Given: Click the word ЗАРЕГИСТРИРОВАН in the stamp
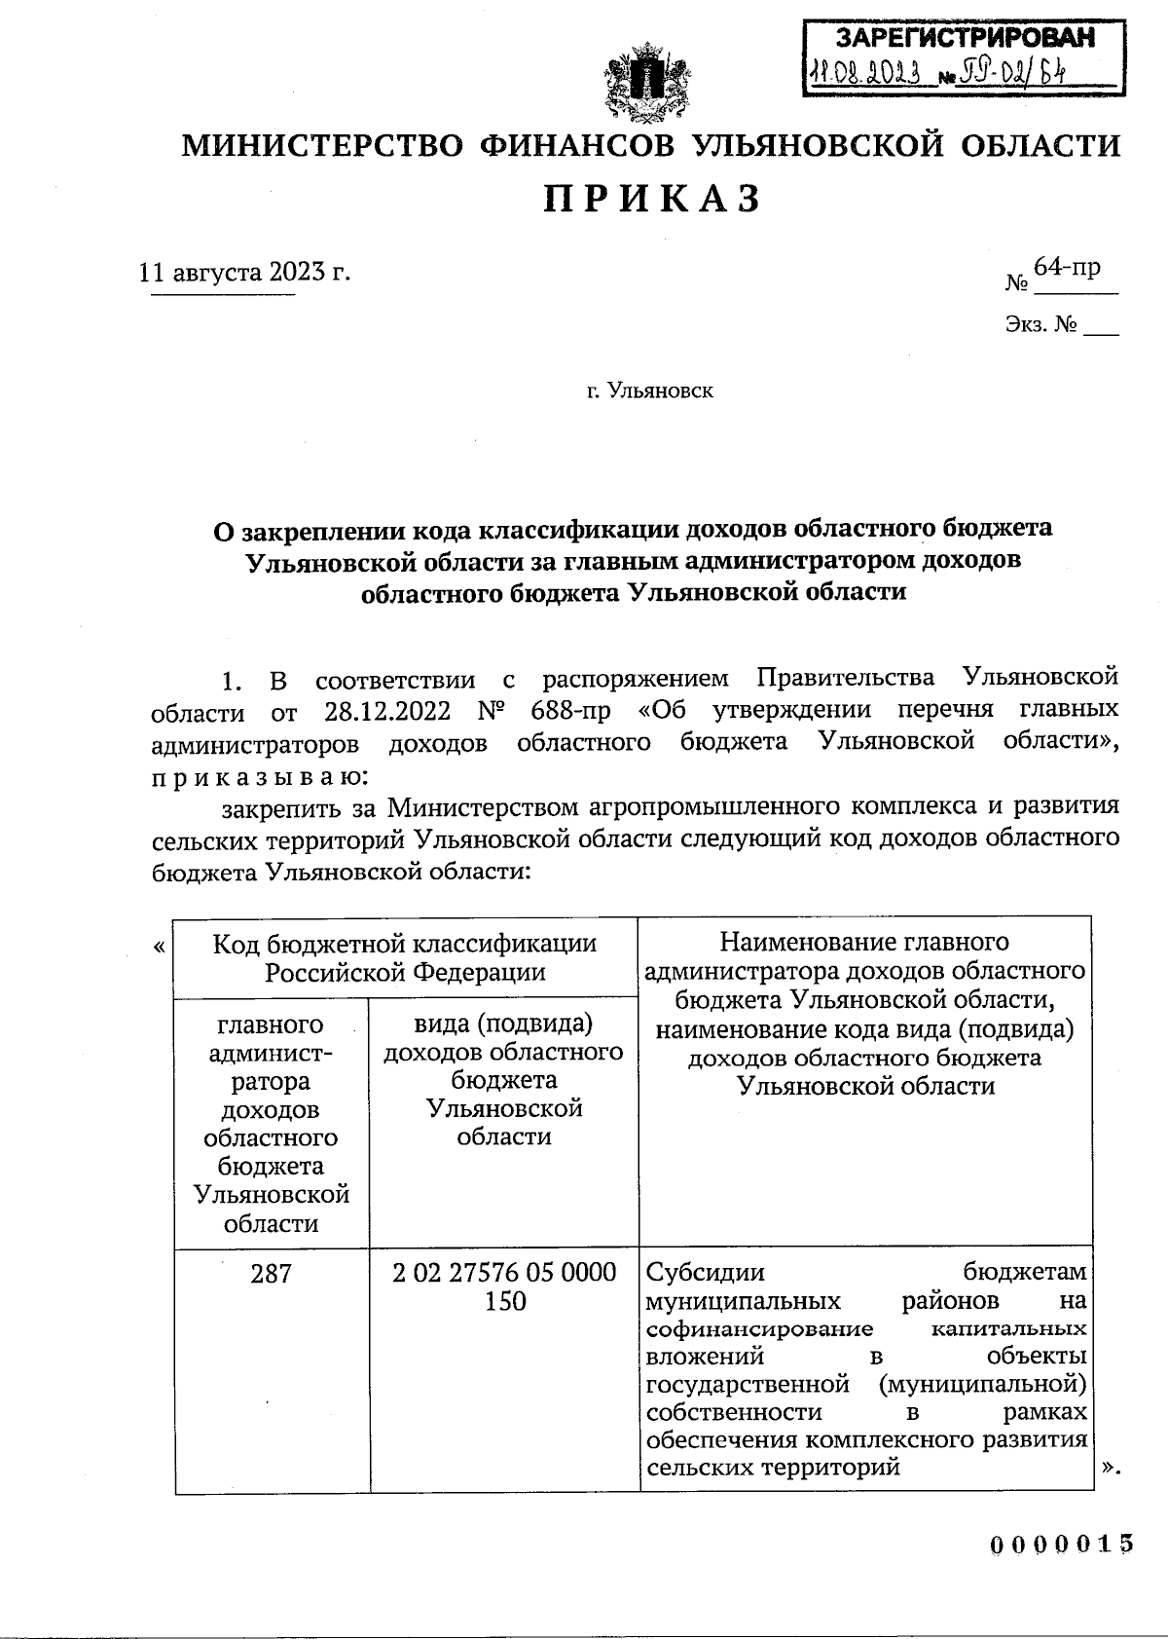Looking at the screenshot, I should [x=965, y=38].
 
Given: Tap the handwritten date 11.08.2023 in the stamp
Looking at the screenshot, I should [x=865, y=73].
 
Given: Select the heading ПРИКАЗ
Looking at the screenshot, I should [x=649, y=199].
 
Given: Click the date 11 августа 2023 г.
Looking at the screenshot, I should [x=244, y=270].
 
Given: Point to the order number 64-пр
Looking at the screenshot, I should [x=1067, y=266].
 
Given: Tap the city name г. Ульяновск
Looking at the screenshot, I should [x=649, y=391].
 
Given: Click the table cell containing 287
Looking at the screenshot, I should [x=271, y=1273].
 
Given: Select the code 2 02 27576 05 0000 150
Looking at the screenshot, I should [x=504, y=1286].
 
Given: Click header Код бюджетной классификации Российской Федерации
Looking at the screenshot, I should [x=405, y=956].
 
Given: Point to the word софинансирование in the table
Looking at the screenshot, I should [x=759, y=1329].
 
